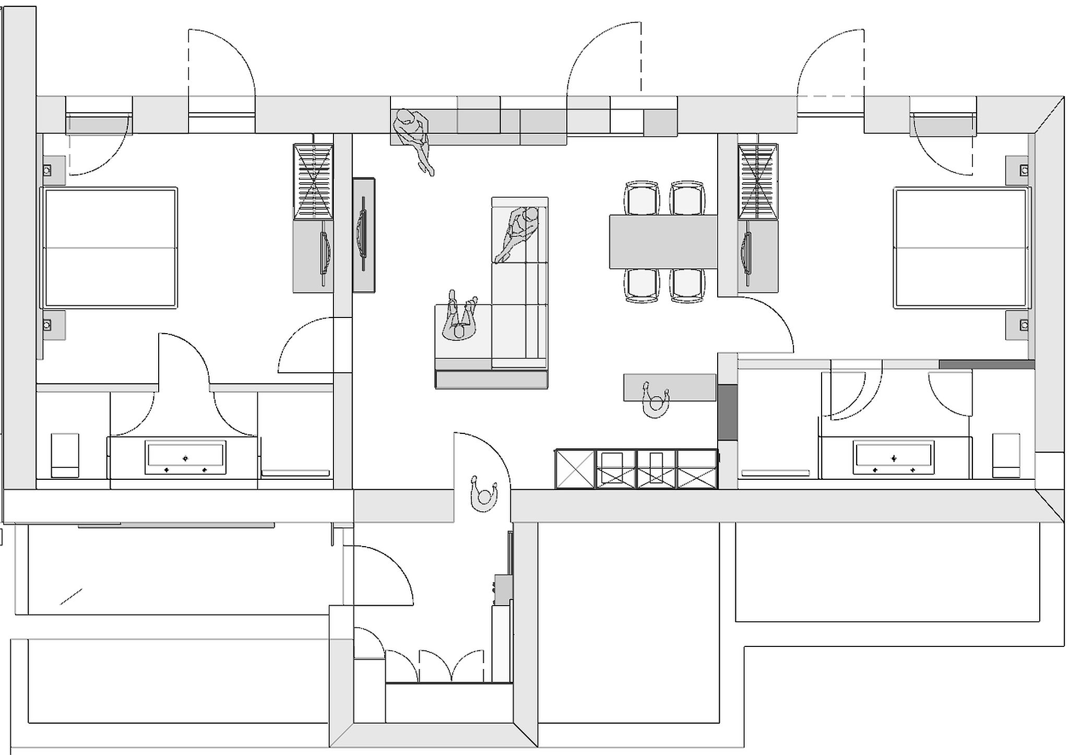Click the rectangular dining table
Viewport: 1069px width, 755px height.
pos(663,242)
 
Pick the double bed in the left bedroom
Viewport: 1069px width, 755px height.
pos(110,247)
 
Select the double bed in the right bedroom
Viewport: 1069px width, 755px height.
pos(960,248)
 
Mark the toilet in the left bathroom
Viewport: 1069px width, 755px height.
pos(65,455)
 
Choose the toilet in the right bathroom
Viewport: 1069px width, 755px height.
pos(1006,455)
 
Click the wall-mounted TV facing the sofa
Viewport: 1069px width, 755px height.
pos(363,235)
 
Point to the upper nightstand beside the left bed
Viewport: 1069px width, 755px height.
pos(53,170)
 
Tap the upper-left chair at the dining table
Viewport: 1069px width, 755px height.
pos(642,198)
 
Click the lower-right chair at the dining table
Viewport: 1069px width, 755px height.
pos(687,285)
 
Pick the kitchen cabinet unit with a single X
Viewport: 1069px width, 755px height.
pos(575,469)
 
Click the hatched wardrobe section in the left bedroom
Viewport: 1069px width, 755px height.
pos(313,182)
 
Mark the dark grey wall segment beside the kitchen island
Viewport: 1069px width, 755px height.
pos(727,412)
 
